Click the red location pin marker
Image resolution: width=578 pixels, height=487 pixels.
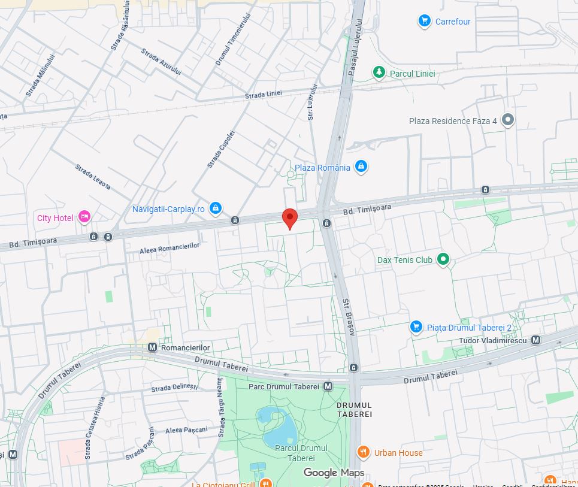coord(290,218)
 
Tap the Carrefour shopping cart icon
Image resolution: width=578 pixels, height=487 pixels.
coord(425,22)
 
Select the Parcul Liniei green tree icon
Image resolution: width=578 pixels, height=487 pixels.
coord(379,73)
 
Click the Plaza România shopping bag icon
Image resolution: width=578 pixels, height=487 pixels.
coord(361,167)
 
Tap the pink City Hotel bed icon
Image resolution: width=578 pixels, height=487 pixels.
coord(84,217)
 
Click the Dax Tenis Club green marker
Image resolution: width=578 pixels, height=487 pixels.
coord(443,259)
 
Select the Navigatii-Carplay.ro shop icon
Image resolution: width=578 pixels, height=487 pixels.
coord(216,208)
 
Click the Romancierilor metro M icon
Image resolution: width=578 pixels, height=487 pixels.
coord(152,347)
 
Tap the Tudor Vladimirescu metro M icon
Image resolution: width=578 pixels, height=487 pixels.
coord(535,340)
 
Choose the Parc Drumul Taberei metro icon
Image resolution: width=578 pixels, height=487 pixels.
coord(328,386)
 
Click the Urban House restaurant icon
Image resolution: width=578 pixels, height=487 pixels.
coord(363,452)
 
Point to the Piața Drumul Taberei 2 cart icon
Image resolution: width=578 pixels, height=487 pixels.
coord(416,327)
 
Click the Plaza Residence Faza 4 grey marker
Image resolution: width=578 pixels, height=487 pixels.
coord(508,120)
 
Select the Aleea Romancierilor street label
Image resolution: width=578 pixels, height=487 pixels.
coord(169,247)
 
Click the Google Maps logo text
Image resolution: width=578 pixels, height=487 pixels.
coord(334,473)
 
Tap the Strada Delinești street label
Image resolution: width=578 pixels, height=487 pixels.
coord(174,388)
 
